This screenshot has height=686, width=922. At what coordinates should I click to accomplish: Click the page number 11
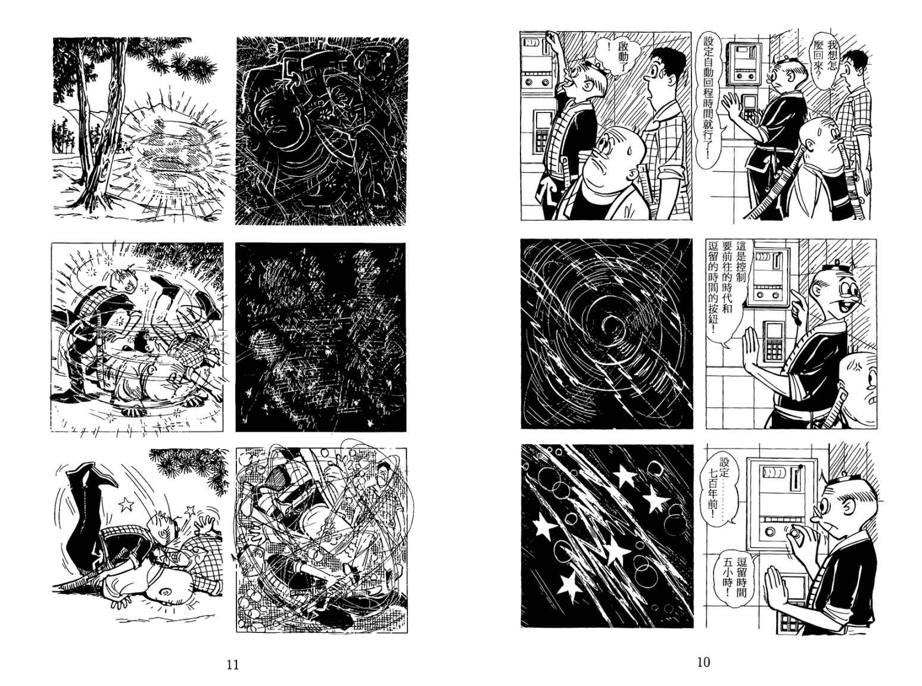[x=233, y=665]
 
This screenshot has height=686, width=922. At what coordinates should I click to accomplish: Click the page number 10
[x=703, y=662]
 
